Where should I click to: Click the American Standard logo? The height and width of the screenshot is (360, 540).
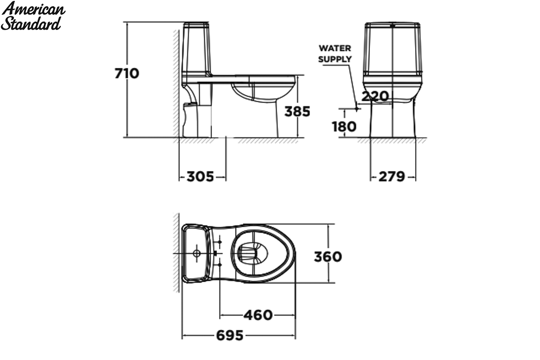(x=33, y=16)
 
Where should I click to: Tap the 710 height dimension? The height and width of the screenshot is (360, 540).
(x=127, y=73)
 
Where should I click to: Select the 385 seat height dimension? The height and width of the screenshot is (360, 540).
(x=297, y=112)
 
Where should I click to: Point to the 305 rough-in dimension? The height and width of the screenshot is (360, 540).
(x=200, y=176)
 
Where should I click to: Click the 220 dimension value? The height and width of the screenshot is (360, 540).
(x=375, y=96)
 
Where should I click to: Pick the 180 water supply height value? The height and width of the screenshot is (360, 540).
(x=344, y=126)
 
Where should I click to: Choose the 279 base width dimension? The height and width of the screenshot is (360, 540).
(x=392, y=176)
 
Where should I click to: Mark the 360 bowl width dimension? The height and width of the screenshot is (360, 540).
(x=328, y=256)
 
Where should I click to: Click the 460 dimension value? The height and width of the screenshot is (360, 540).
(x=258, y=315)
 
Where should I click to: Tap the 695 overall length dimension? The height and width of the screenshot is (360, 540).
(x=230, y=335)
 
